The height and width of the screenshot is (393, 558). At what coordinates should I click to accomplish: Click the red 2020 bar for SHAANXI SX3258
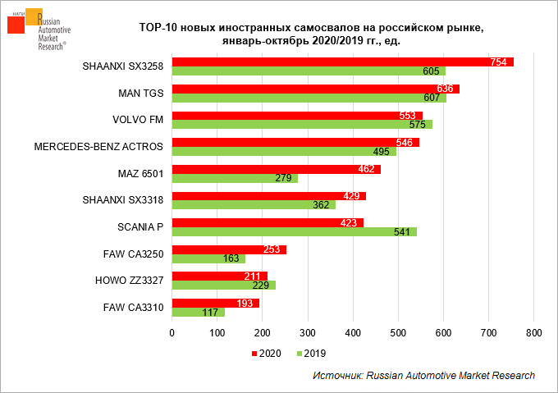click(342, 62)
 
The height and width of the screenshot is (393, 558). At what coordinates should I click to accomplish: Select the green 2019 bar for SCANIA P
click(294, 231)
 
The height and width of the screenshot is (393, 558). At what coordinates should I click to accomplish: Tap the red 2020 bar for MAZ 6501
click(276, 169)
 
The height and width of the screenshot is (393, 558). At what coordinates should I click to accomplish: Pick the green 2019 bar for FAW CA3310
click(198, 312)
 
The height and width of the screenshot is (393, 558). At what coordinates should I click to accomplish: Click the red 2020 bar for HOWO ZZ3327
click(219, 276)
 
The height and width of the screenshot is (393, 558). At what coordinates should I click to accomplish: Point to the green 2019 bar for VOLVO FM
click(301, 125)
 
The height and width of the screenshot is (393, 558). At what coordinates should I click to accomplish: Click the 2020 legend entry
click(268, 354)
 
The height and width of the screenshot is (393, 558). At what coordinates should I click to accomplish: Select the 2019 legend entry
click(309, 354)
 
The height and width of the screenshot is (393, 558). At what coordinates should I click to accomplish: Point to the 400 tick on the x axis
click(353, 333)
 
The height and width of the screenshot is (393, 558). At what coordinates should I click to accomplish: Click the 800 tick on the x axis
click(534, 333)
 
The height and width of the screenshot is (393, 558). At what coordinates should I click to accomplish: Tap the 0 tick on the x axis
click(172, 333)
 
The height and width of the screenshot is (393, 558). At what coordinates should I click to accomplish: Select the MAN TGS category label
click(142, 94)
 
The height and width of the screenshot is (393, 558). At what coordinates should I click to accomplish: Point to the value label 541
click(402, 232)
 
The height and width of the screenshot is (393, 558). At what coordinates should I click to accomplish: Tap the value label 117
click(209, 313)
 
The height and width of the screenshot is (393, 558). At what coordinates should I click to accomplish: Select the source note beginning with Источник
click(423, 375)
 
